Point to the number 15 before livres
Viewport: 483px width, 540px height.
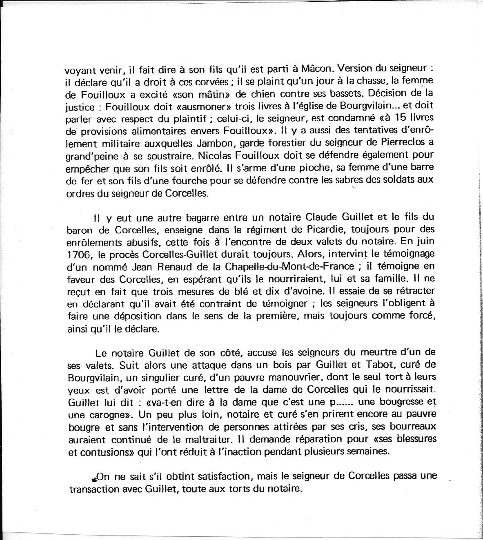[x=393, y=118]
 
